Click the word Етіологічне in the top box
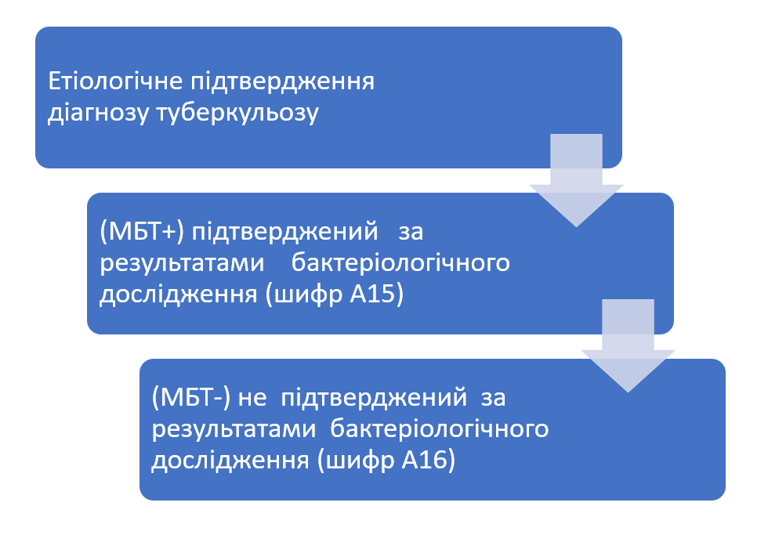[x=116, y=81]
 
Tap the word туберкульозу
[x=237, y=113]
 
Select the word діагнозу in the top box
[x=98, y=113]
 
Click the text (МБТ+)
[x=142, y=232]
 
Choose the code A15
[x=377, y=294]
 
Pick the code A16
[x=429, y=460]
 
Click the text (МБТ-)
[x=190, y=398]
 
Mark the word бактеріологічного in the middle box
[x=400, y=263]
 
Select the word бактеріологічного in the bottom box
[x=440, y=429]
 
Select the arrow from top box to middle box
[x=577, y=180]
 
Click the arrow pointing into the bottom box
[x=628, y=345]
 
